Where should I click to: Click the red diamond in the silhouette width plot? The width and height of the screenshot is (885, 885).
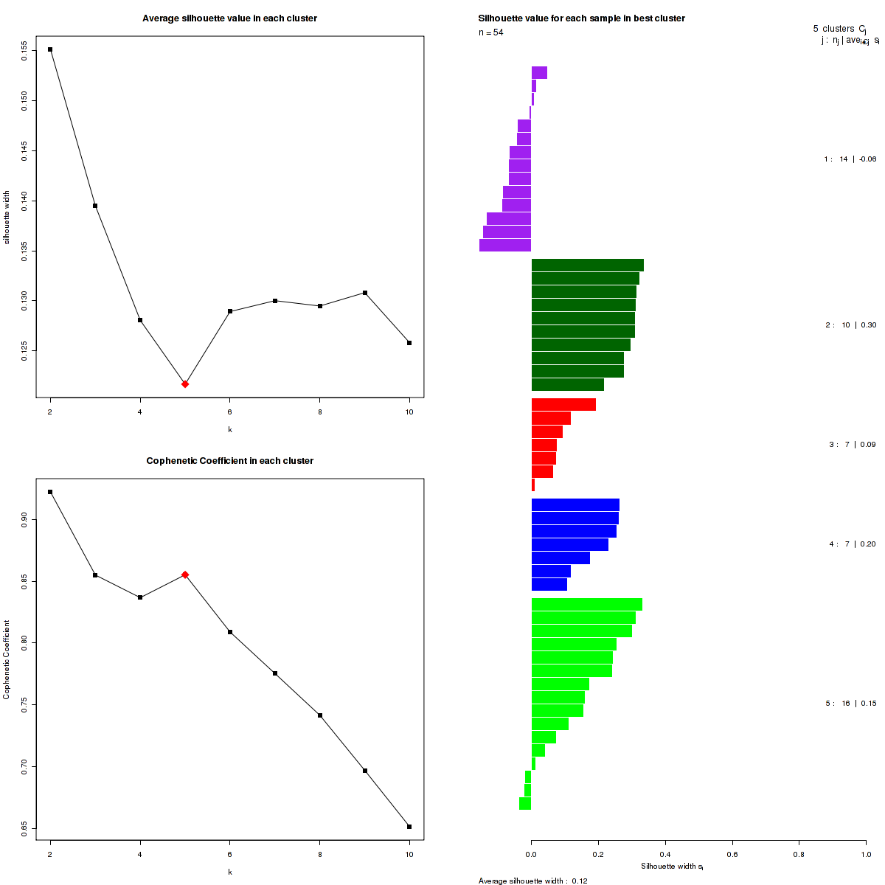point(185,384)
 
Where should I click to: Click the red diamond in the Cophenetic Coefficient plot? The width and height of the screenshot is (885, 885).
point(185,575)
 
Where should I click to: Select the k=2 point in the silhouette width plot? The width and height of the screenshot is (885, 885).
point(50,49)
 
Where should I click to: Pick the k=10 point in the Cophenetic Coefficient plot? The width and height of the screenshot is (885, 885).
point(409,827)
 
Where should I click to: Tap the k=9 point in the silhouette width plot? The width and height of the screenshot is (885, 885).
point(365,293)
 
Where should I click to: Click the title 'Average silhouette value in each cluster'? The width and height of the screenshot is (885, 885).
point(230,18)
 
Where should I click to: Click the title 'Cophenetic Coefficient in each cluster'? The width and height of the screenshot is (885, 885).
point(230,461)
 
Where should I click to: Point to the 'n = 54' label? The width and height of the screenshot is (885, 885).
point(491,32)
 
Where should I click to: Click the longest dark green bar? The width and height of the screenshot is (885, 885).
point(588,265)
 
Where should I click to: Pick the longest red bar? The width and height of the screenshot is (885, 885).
point(563,404)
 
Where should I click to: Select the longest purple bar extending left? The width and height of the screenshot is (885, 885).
point(505,245)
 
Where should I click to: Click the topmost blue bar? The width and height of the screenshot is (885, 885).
point(575,504)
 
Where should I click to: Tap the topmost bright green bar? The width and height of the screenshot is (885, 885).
point(587,604)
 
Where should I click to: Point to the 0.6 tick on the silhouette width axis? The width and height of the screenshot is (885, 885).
point(732,854)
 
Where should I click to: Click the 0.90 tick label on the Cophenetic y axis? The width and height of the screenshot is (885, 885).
point(24,519)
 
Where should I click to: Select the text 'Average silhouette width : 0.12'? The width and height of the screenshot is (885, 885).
point(532,881)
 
